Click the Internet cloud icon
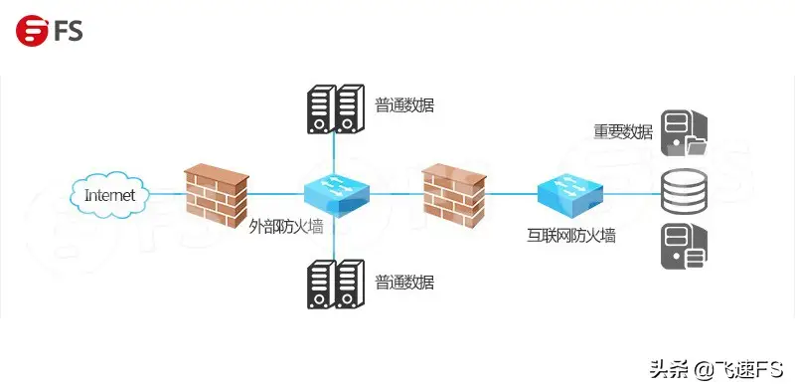click(x=109, y=194)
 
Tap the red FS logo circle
click(x=32, y=30)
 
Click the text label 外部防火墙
click(x=285, y=227)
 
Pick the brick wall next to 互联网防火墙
click(x=455, y=193)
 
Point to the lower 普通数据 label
click(x=404, y=283)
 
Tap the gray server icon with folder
click(x=686, y=136)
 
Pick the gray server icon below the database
click(x=685, y=247)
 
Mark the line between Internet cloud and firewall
click(x=167, y=194)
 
